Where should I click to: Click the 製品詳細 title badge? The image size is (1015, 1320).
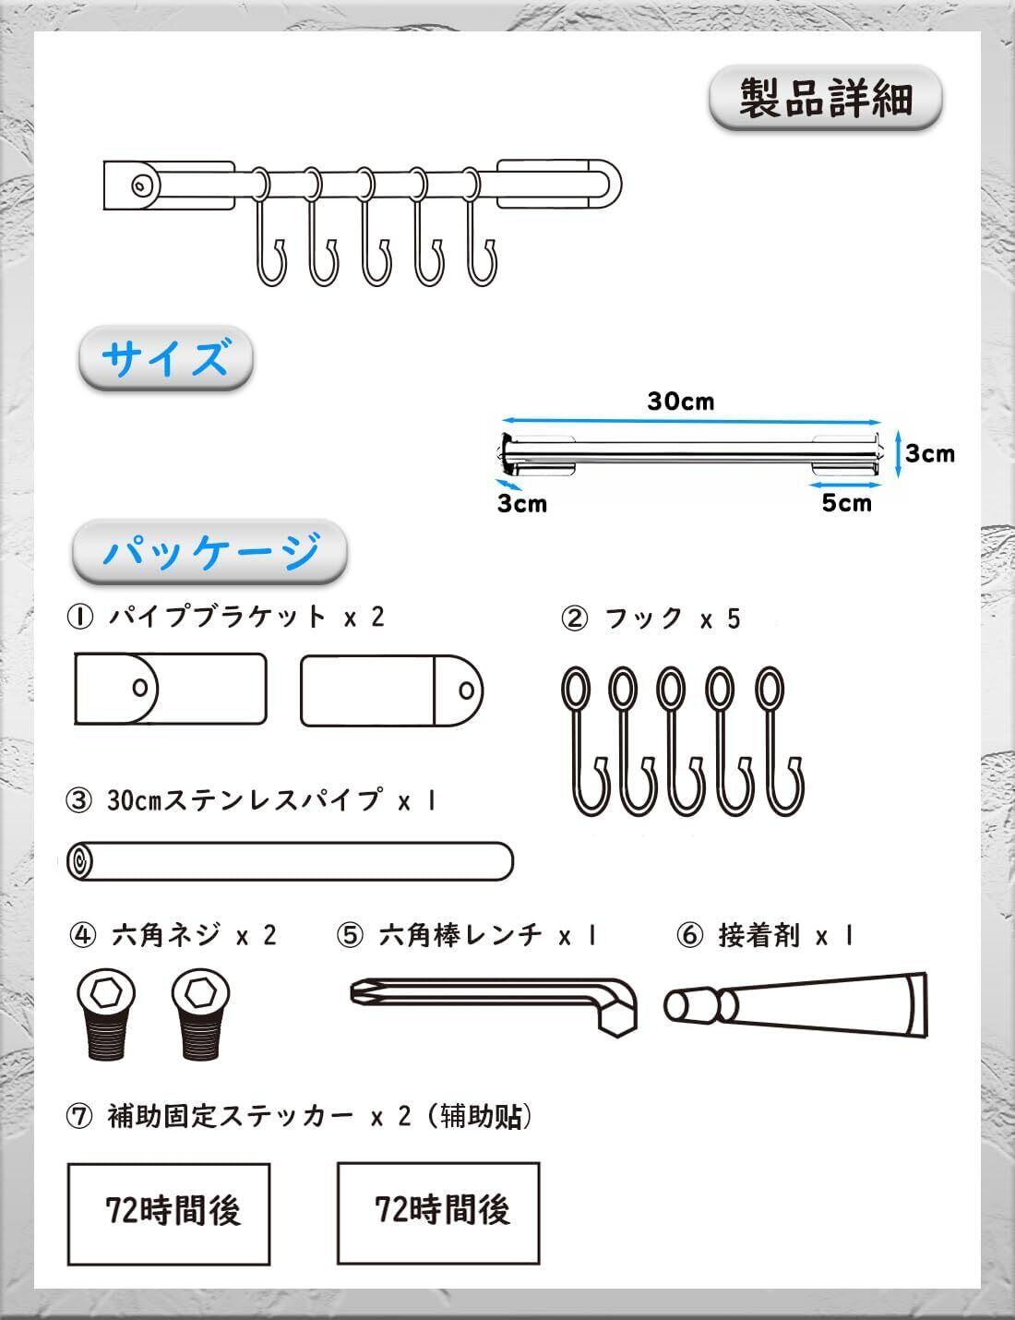pyautogui.click(x=826, y=99)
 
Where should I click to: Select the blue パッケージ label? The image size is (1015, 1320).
pyautogui.click(x=210, y=551)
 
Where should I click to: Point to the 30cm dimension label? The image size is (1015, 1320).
pyautogui.click(x=681, y=401)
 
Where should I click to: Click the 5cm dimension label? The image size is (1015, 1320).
pyautogui.click(x=847, y=502)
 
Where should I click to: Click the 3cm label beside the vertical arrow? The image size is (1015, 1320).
pyautogui.click(x=930, y=453)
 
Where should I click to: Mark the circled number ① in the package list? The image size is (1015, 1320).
pyautogui.click(x=80, y=618)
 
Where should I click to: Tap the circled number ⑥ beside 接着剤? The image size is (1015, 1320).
pyautogui.click(x=689, y=935)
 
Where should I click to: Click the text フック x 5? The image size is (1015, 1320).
pyautogui.click(x=674, y=618)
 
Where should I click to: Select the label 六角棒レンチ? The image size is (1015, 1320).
pyautogui.click(x=460, y=934)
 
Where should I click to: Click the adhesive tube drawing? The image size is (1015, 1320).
pyautogui.click(x=795, y=1005)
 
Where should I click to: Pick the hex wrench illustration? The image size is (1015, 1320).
pyautogui.click(x=494, y=1005)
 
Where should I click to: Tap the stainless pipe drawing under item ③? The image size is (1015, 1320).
pyautogui.click(x=290, y=860)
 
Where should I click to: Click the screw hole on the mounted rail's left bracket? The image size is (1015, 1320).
pyautogui.click(x=141, y=186)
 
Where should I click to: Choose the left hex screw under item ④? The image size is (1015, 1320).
pyautogui.click(x=106, y=1014)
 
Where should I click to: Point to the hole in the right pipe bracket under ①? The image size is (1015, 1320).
pyautogui.click(x=466, y=690)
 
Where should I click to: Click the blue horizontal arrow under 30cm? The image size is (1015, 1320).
pyautogui.click(x=691, y=420)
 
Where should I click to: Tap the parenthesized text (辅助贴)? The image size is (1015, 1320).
pyautogui.click(x=480, y=1116)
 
